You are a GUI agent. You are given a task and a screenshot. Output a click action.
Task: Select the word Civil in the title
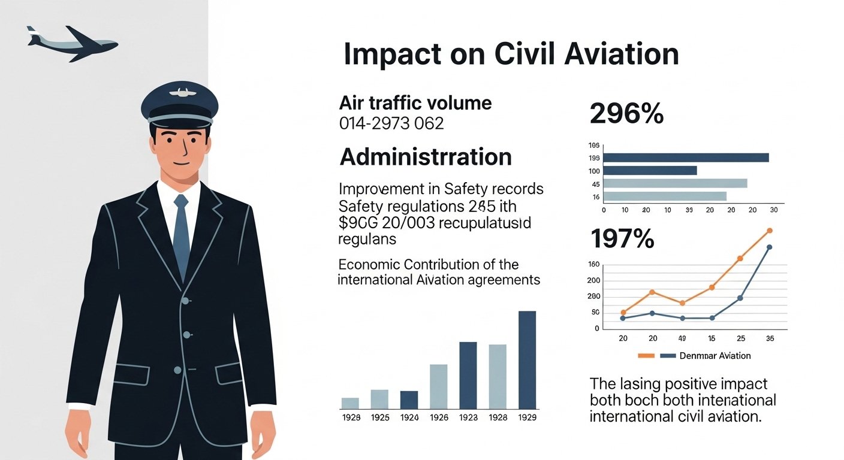pyautogui.click(x=527, y=55)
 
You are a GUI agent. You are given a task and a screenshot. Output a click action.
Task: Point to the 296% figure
pyautogui.click(x=626, y=114)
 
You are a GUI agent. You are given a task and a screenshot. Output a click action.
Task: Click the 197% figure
pyautogui.click(x=622, y=240)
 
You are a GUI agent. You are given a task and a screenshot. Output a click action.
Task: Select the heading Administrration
pyautogui.click(x=426, y=157)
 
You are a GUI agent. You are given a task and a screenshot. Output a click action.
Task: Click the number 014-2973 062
pyautogui.click(x=391, y=124)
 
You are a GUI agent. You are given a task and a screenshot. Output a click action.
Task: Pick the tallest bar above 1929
pyautogui.click(x=527, y=359)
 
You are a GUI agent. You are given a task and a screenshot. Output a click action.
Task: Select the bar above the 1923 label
pyautogui.click(x=468, y=375)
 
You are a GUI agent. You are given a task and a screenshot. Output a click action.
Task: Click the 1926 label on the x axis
pyautogui.click(x=439, y=417)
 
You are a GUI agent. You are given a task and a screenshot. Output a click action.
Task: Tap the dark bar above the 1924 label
pyautogui.click(x=409, y=400)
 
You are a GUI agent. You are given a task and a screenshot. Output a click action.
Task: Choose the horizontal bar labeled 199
pyautogui.click(x=685, y=158)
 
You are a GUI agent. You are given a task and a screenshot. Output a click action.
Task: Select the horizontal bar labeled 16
pyautogui.click(x=664, y=196)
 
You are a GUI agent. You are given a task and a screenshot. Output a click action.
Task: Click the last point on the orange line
pyautogui.click(x=770, y=231)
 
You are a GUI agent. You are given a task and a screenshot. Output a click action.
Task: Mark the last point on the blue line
pyautogui.click(x=769, y=247)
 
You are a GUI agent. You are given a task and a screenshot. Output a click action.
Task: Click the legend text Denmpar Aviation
pyautogui.click(x=715, y=356)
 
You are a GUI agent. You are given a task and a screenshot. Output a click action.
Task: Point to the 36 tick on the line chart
pyautogui.click(x=770, y=338)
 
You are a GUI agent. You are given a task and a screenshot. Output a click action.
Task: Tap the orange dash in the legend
pyautogui.click(x=646, y=356)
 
